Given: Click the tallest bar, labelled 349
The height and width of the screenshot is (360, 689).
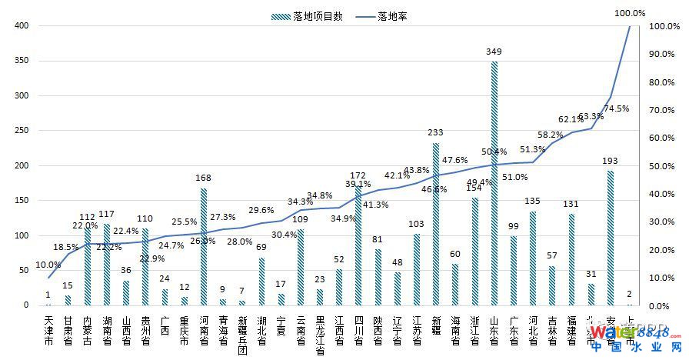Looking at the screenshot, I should point(494,183).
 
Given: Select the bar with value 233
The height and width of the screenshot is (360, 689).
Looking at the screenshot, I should point(436,224).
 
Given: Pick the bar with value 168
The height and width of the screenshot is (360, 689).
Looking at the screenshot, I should point(204,246).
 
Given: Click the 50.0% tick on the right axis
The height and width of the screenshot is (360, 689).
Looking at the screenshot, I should point(662,165).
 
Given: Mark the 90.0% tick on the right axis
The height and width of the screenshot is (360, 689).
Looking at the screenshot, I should point(662,54).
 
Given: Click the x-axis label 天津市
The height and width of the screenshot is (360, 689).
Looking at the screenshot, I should point(49,329).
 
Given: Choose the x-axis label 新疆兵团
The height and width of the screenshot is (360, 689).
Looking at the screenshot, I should point(242,334).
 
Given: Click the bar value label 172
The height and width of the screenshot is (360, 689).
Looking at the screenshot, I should point(358,175).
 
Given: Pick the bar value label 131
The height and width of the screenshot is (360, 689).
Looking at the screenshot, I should point(571,204).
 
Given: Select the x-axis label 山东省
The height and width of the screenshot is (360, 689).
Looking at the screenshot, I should point(494,329).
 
